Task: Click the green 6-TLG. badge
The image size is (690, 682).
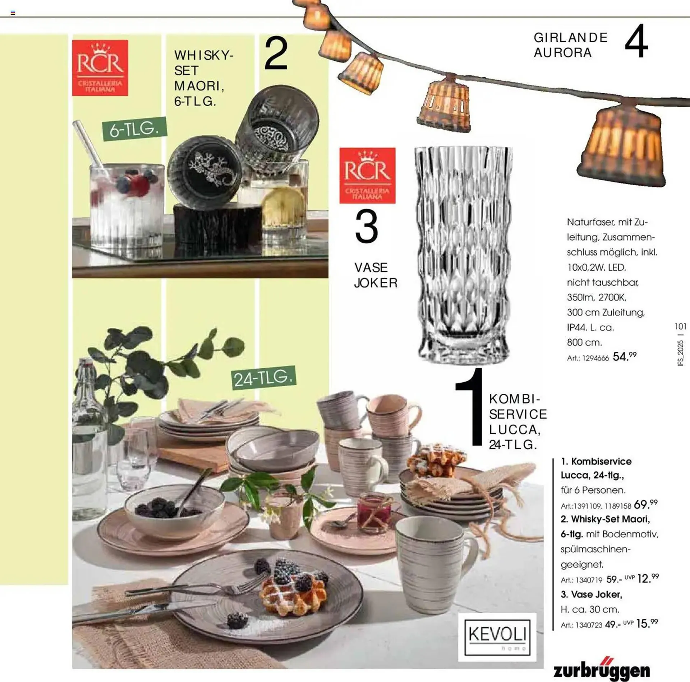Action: pyautogui.click(x=134, y=129)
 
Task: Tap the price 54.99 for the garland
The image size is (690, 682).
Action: pyautogui.click(x=625, y=356)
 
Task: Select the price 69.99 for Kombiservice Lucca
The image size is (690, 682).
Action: pyautogui.click(x=646, y=504)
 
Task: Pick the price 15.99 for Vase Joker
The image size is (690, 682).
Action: pyautogui.click(x=647, y=623)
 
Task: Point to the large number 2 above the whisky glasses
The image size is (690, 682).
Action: pyautogui.click(x=276, y=54)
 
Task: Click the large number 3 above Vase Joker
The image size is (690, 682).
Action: pyautogui.click(x=367, y=226)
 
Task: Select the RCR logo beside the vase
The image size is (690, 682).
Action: pyautogui.click(x=367, y=176)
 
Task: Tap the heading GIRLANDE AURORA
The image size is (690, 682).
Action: pyautogui.click(x=571, y=45)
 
